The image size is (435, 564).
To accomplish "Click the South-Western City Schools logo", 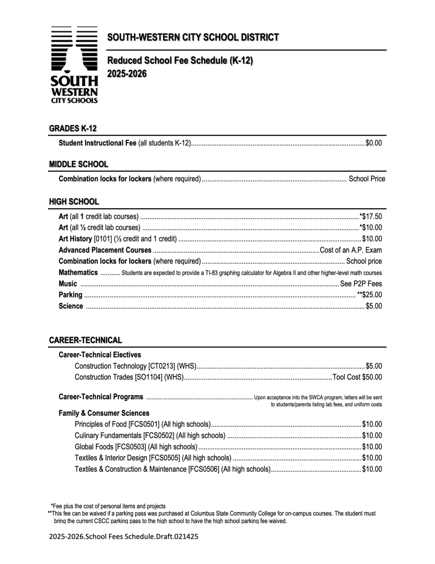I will click(x=74, y=65).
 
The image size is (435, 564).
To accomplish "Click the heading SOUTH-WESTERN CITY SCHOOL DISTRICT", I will click(x=193, y=37).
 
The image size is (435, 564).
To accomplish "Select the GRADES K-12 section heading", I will click(x=73, y=128).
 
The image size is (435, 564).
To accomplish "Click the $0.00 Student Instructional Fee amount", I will click(x=374, y=143).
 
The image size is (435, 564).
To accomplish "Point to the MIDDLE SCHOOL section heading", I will click(x=78, y=164).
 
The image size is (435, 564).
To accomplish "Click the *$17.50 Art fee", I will click(x=370, y=216).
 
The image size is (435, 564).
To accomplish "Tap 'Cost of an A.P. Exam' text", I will click(x=351, y=250).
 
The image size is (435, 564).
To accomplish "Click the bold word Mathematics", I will click(x=78, y=273).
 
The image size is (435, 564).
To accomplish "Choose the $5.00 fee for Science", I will click(x=374, y=306).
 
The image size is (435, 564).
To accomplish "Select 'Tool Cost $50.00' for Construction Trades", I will click(x=357, y=377).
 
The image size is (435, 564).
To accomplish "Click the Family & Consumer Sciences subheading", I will click(x=104, y=413).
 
